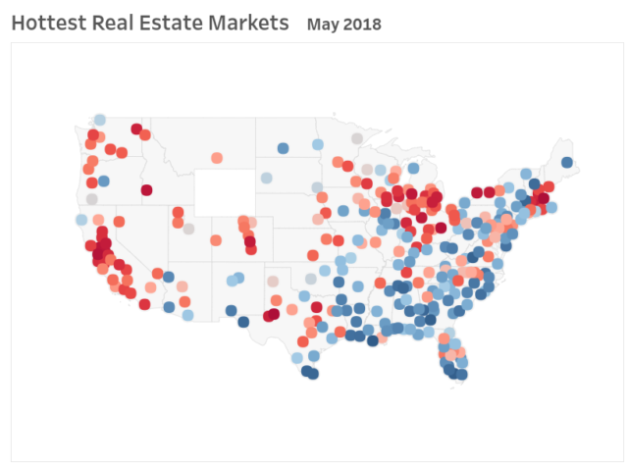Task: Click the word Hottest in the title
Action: pos(46,22)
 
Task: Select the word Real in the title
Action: pos(109,22)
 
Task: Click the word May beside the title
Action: pos(323,23)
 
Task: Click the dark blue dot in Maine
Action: pos(566,163)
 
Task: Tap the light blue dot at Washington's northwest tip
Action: pos(100,120)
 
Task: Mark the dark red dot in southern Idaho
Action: pos(146,189)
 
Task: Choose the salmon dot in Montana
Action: pos(218,157)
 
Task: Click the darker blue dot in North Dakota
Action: pos(283,148)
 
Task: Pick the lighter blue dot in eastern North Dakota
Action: pos(317,144)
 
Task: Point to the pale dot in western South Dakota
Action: pos(266,178)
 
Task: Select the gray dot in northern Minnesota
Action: pos(357,137)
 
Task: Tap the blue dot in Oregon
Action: pos(103,181)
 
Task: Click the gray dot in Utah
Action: pos(188,229)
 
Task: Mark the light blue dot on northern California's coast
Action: pos(81,220)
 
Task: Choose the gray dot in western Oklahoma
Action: pos(274,282)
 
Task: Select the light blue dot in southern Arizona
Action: pos(187,315)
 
